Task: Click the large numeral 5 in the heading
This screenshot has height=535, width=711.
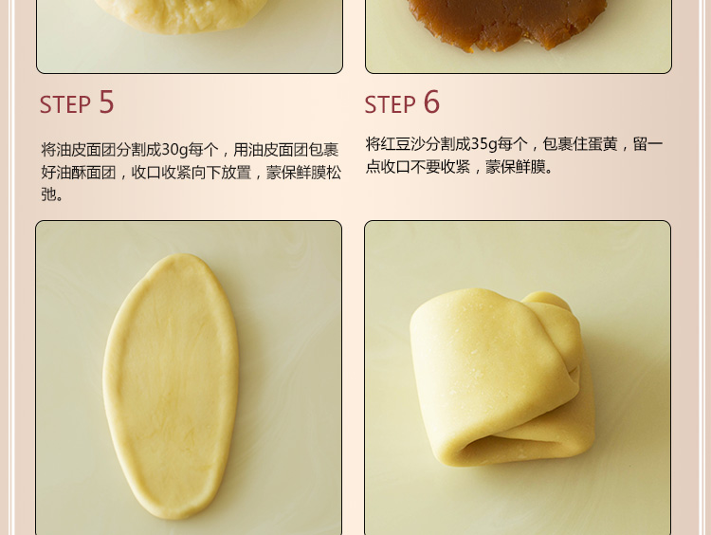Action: click(x=106, y=101)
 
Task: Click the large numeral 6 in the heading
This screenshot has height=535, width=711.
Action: click(x=431, y=101)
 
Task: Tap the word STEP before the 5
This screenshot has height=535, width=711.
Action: click(x=65, y=105)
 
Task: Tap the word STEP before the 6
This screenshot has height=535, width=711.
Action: click(x=390, y=105)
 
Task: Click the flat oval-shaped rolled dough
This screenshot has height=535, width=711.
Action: click(x=171, y=386)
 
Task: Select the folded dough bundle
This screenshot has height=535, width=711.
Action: click(x=502, y=378)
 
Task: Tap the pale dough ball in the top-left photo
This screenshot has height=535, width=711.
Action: click(x=181, y=14)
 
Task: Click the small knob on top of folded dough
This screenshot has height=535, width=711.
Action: click(x=547, y=302)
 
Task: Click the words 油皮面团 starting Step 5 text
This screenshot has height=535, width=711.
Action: click(x=79, y=150)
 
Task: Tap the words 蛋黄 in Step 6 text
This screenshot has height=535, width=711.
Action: click(x=603, y=144)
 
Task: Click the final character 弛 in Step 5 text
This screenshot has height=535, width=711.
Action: click(x=48, y=194)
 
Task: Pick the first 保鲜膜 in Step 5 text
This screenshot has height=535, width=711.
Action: click(x=303, y=173)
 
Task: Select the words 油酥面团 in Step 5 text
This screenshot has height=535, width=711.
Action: click(x=79, y=173)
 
